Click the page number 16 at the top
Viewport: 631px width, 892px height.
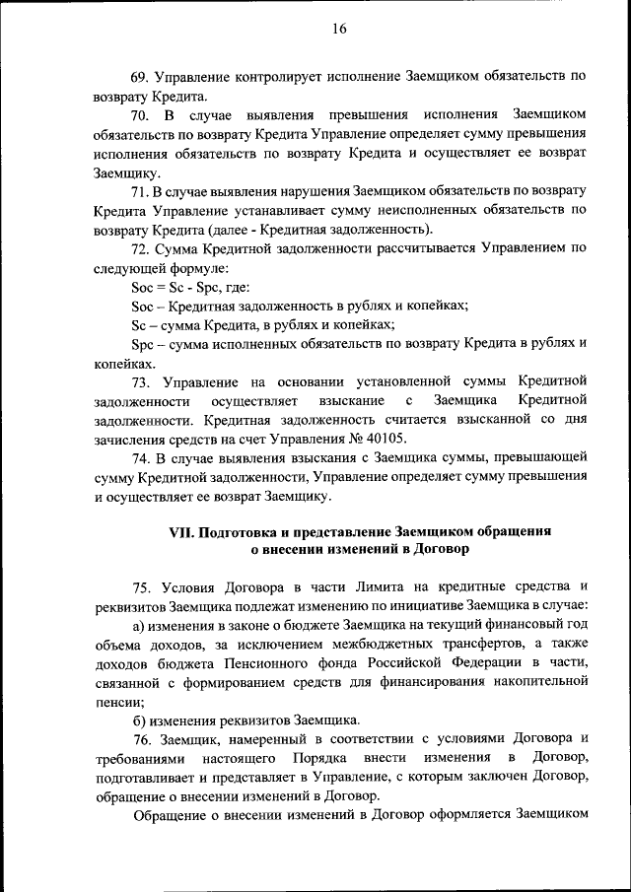[x=338, y=30]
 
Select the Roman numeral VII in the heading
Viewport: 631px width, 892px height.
[x=180, y=530]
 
